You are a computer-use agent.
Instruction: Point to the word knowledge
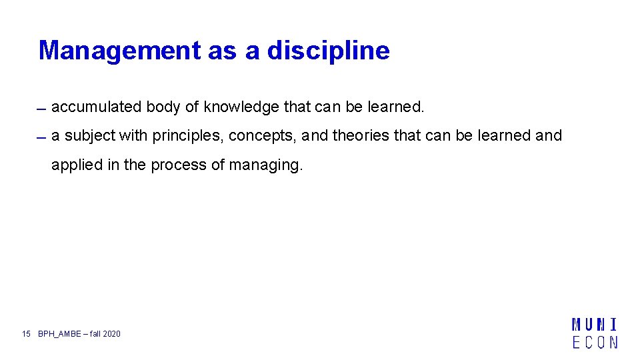[x=241, y=107]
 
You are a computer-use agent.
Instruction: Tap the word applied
[x=77, y=165]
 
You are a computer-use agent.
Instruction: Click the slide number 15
[x=27, y=333]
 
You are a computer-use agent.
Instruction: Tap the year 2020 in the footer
[x=112, y=333]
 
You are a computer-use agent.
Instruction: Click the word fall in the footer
[x=95, y=333]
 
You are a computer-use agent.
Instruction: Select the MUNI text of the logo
[x=595, y=325]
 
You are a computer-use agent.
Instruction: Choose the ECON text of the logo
[x=595, y=342]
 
